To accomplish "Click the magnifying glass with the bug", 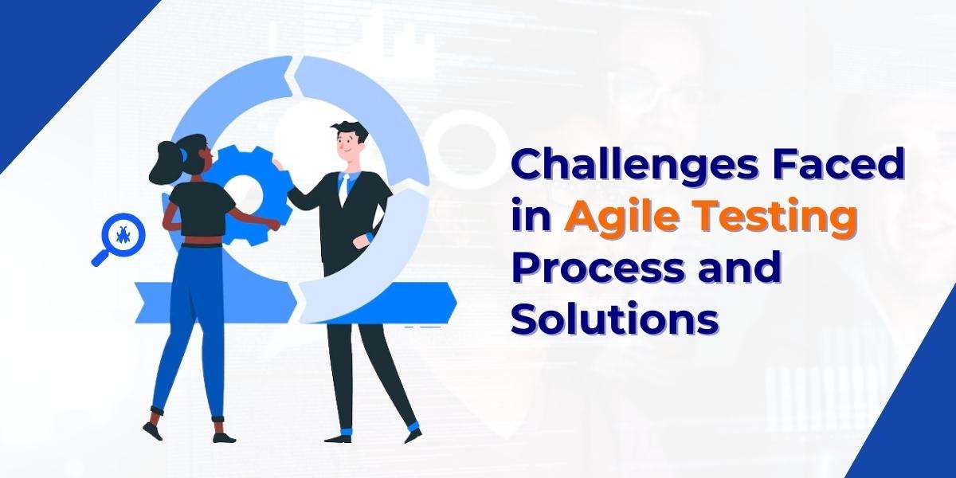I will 119,237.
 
